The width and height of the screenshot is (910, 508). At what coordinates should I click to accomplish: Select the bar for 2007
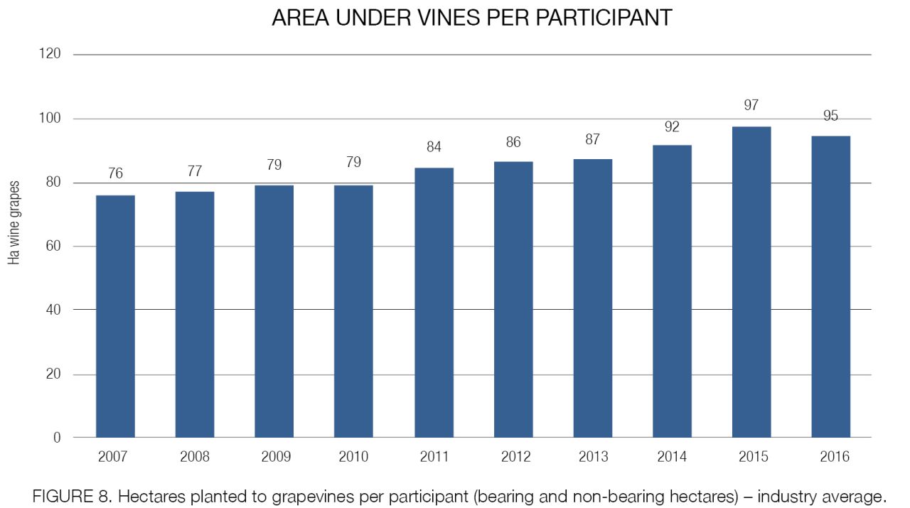pos(115,316)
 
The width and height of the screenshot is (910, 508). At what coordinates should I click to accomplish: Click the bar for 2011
pos(434,303)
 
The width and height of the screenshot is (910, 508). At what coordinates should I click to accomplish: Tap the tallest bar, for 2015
pos(751,282)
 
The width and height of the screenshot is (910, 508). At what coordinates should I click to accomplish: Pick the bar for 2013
pos(593,298)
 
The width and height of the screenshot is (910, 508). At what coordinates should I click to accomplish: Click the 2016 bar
pos(831,287)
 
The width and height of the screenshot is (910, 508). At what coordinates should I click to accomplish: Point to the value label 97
pos(751,105)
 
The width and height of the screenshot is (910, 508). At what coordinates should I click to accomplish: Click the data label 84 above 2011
pos(434,146)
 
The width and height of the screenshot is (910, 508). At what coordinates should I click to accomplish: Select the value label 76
pos(115,173)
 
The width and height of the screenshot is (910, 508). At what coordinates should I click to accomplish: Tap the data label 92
pos(672,126)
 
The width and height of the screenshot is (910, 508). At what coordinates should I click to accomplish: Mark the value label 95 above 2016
pos(830,116)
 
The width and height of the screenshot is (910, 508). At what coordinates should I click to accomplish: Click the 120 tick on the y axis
pos(50,53)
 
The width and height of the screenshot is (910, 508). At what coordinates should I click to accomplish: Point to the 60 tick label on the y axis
pos(53,246)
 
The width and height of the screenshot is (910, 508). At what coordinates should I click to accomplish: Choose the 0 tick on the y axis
pos(57,438)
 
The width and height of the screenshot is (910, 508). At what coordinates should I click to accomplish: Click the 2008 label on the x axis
pos(195,457)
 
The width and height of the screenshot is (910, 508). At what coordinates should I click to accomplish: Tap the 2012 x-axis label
pos(515,457)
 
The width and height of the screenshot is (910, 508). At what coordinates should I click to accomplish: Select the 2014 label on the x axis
pos(672,457)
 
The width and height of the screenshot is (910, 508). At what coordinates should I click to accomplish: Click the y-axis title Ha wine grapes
pos(14,223)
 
